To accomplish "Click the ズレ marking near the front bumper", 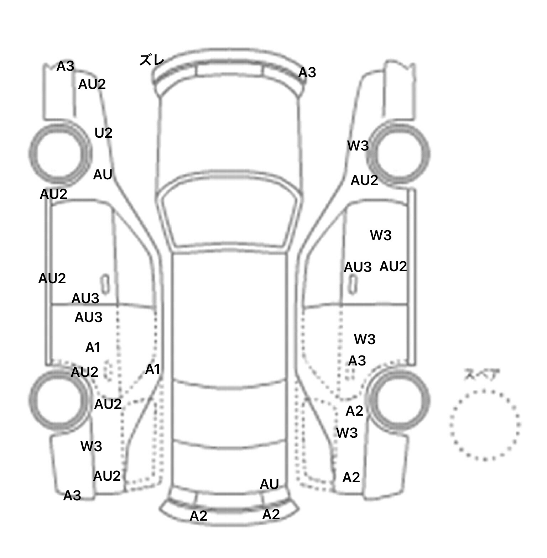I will [x=152, y=60].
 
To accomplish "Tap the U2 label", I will [x=103, y=133].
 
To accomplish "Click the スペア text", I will [x=481, y=375].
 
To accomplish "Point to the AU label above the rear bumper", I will [x=269, y=484].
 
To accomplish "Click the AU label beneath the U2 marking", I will [x=103, y=175].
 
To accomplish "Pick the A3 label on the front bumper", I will [x=307, y=73].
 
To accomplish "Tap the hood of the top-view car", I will [x=230, y=135].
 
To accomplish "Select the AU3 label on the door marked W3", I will [x=358, y=267].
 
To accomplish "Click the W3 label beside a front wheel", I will [x=358, y=146].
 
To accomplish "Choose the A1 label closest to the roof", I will [x=153, y=370].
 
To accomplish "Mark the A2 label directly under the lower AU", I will [x=271, y=515].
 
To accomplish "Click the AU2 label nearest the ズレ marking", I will [x=92, y=84].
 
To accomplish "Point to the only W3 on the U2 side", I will [x=91, y=446].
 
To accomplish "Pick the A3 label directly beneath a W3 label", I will [x=357, y=361].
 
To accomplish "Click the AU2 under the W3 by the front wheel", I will [x=364, y=180].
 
